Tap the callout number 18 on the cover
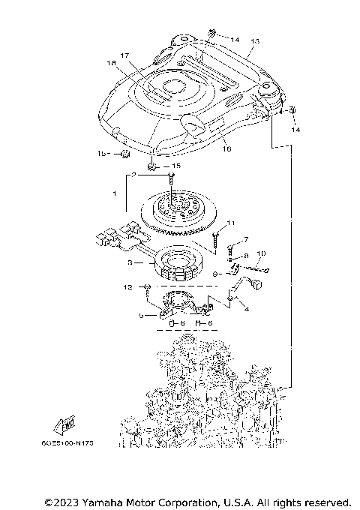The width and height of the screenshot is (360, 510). tap(112, 64)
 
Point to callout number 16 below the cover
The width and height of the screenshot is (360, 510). tap(226, 148)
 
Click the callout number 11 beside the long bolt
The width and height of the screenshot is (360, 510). tap(231, 223)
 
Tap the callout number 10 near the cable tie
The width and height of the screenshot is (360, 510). tap(261, 254)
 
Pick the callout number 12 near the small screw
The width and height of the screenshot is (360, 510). tap(127, 287)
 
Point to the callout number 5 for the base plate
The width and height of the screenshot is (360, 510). tap(140, 316)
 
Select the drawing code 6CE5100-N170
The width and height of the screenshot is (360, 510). tap(73, 443)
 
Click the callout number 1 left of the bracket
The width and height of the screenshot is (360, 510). tap(113, 193)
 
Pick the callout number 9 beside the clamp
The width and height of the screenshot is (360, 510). tap(215, 275)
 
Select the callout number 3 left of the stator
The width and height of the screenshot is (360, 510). tap(130, 263)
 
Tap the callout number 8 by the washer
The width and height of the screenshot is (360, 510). tap(246, 256)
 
